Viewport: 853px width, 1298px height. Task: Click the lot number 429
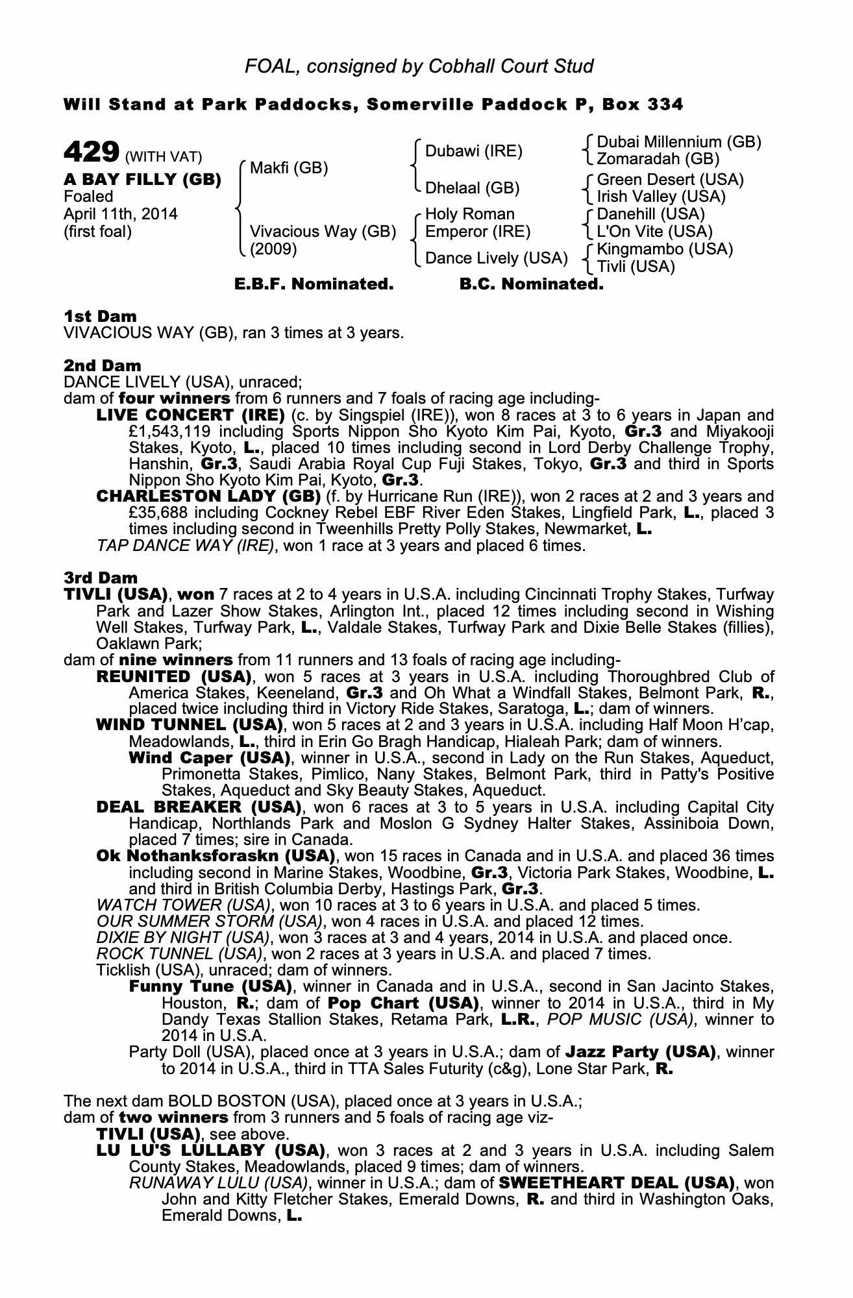click(x=90, y=154)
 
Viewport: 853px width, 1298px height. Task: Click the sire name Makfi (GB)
click(x=289, y=169)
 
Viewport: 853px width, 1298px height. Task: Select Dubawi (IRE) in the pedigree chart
click(x=473, y=152)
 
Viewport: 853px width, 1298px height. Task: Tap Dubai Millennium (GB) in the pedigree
click(x=678, y=142)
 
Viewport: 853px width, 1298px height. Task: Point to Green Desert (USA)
click(x=670, y=180)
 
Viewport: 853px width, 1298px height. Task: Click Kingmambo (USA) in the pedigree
click(x=665, y=249)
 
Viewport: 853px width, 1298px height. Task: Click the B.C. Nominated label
click(x=531, y=284)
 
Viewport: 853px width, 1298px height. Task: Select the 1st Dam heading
click(x=101, y=317)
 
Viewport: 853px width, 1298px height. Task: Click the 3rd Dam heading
click(x=101, y=578)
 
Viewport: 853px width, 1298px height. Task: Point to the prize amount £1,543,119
click(x=170, y=432)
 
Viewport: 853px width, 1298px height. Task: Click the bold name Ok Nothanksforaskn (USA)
click(x=215, y=857)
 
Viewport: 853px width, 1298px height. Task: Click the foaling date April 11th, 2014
click(x=121, y=214)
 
